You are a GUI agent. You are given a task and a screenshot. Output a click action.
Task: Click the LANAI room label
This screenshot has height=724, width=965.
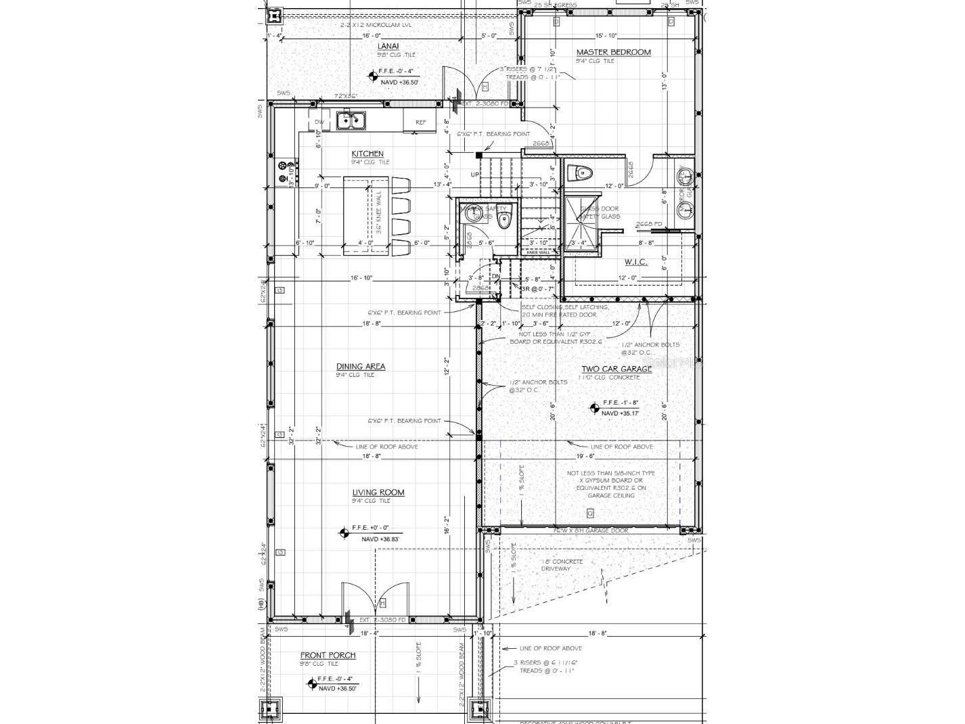[388, 46]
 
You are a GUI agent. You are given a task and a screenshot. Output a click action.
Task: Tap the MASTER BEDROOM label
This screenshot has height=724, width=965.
[613, 52]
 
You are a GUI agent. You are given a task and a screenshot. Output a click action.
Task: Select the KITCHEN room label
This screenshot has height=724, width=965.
[367, 154]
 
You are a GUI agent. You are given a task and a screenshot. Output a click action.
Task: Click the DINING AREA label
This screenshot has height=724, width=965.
[361, 367]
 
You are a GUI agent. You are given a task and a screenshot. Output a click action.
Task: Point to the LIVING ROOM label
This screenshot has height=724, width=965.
[378, 493]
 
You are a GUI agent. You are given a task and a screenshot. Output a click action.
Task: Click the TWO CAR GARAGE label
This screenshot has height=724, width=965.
[616, 369]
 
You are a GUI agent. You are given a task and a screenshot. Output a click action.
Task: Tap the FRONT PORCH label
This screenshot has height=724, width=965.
[328, 655]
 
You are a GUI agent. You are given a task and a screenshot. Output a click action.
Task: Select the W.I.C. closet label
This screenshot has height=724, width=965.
[635, 262]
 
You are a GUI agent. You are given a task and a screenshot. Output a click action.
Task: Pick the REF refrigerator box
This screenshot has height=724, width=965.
[420, 122]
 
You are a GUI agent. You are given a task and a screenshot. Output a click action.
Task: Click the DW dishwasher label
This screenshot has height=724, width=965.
[319, 122]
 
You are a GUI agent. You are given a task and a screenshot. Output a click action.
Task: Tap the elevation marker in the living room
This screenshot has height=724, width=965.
[344, 533]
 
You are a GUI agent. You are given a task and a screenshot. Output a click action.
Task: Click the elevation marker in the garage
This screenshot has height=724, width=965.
[593, 407]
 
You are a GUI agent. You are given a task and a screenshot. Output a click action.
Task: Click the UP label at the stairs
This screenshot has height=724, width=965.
[476, 175]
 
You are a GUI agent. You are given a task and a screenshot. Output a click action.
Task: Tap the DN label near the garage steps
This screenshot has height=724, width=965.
[495, 276]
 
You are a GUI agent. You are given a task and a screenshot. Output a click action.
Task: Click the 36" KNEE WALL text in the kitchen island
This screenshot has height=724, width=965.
[379, 213]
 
